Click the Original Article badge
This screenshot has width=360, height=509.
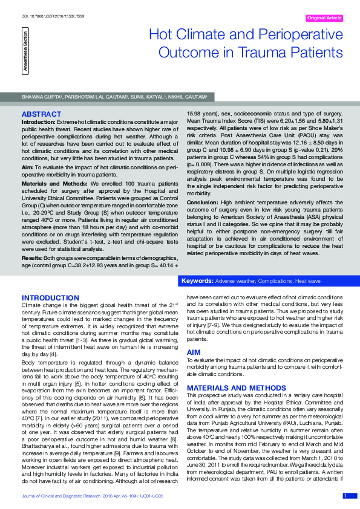[326, 18]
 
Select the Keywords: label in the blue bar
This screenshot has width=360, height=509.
[197, 282]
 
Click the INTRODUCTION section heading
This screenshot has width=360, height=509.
[50, 298]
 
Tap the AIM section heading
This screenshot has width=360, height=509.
[194, 352]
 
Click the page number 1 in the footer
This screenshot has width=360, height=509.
[345, 496]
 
